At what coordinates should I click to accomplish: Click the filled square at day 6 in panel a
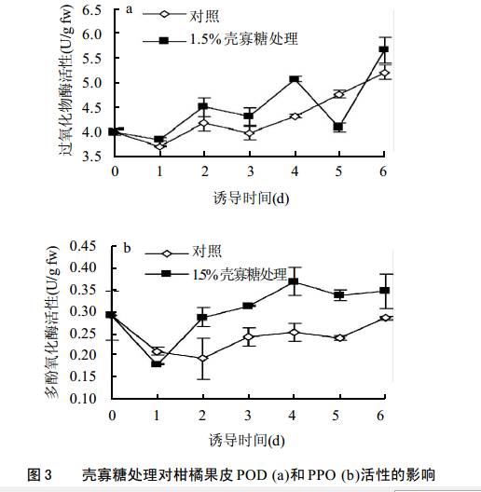(384, 49)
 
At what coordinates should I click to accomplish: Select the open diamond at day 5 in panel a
(338, 94)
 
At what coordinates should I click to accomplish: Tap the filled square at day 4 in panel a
(295, 79)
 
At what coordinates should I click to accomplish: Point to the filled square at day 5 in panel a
(338, 127)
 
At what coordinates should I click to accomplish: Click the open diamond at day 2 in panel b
(203, 358)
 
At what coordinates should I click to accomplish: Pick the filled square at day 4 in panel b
(294, 281)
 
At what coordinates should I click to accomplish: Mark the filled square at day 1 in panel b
(156, 364)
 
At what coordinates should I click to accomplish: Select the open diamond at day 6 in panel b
(386, 318)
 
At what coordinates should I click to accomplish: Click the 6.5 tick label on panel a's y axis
(91, 10)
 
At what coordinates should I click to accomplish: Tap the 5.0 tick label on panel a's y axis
(91, 83)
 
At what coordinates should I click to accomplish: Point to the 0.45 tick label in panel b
(83, 246)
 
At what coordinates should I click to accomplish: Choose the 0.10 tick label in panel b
(83, 399)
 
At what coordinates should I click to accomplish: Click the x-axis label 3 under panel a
(250, 171)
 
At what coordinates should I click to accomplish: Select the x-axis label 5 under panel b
(336, 416)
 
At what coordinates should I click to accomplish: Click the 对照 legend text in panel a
(204, 16)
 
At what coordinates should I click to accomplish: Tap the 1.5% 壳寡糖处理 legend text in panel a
(243, 39)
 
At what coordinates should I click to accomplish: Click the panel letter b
(127, 248)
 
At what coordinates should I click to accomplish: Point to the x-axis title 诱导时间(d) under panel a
(251, 198)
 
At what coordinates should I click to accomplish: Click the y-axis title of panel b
(52, 322)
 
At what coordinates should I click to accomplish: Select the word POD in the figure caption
(250, 474)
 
